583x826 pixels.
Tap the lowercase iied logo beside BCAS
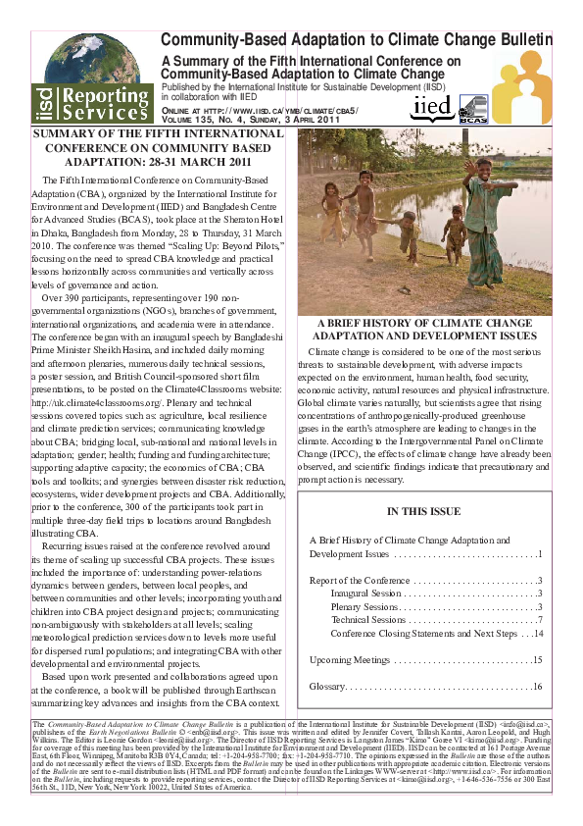431,106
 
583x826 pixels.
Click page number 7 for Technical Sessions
540,620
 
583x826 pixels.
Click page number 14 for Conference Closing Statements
537,633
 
